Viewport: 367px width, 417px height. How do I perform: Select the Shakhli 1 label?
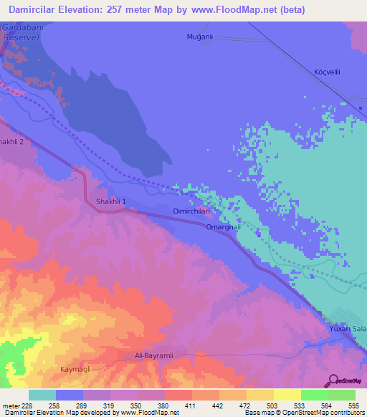click(x=111, y=202)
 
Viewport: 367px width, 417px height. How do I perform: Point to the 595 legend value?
click(x=354, y=405)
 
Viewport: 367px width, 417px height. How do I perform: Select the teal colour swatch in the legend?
click(x=42, y=395)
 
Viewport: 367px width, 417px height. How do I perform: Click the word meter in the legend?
click(x=11, y=405)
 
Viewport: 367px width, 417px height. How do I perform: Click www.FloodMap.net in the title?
click(x=234, y=10)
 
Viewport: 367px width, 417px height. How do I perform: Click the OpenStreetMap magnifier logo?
click(x=332, y=380)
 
